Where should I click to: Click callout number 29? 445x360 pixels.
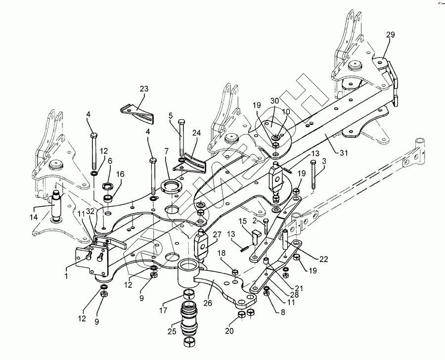click(x=390, y=35)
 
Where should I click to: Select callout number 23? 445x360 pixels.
click(x=144, y=89)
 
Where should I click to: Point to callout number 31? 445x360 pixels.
click(x=342, y=153)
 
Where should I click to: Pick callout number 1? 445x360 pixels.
click(x=66, y=275)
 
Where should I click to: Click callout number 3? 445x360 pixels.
click(x=324, y=161)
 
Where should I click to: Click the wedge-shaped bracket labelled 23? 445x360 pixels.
click(x=137, y=113)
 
